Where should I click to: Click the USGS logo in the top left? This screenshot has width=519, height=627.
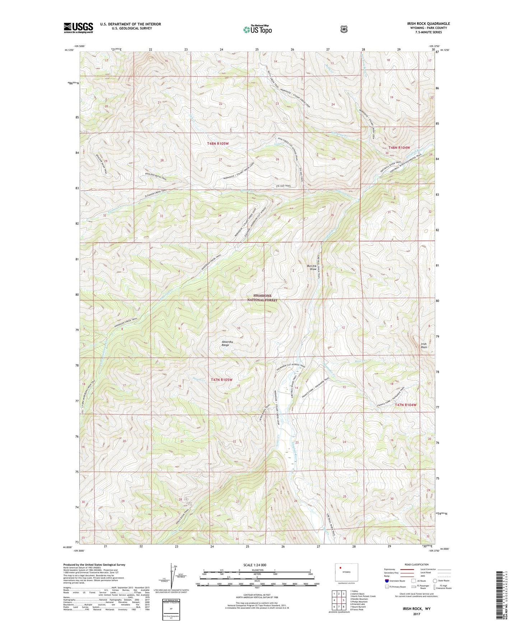click(78, 28)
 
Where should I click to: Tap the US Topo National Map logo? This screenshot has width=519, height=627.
click(257, 29)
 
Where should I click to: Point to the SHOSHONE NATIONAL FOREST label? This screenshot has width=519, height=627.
click(262, 298)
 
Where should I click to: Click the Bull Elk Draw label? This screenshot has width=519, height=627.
click(312, 268)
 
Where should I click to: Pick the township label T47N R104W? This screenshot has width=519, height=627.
click(406, 405)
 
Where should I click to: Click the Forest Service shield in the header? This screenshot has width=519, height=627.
click(344, 29)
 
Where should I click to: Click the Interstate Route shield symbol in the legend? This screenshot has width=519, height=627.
click(386, 581)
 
